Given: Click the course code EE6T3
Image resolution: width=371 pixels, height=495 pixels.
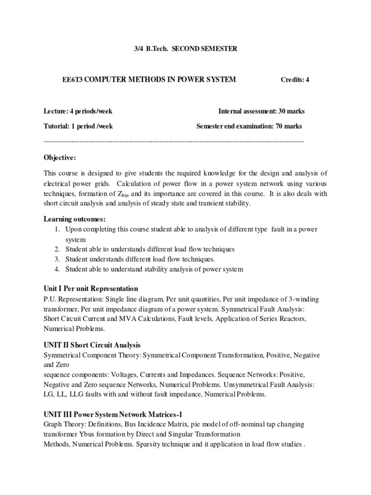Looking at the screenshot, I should pos(53,79).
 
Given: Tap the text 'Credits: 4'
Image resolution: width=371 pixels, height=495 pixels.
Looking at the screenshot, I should pos(295,80).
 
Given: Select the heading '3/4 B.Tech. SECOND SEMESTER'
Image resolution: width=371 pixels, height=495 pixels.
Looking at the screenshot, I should pos(185,49).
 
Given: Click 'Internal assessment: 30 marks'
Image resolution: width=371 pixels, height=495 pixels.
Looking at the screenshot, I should pos(261,111).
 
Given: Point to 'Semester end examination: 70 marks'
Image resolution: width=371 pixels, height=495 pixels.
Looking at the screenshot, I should pos(249,126).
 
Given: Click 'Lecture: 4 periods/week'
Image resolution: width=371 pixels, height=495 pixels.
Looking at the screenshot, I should pos(78,111).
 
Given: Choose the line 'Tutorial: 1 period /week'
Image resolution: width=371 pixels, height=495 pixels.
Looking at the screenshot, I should pos(78,126).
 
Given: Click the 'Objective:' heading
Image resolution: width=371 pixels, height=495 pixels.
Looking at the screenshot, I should pos(60,158).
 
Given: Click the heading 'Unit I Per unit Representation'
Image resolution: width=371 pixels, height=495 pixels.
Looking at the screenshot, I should pos(91,289).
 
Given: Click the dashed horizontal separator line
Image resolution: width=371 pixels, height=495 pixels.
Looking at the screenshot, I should pos(174,141).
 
